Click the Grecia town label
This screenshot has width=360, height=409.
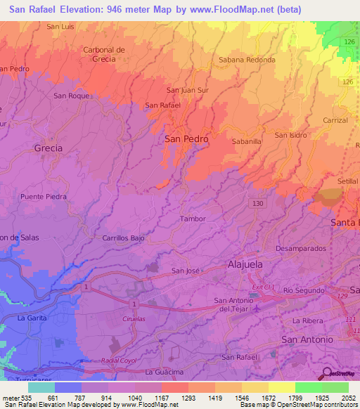(x=48, y=148)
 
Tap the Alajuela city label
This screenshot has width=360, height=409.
(x=245, y=264)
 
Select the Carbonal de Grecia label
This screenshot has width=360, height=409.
(x=103, y=54)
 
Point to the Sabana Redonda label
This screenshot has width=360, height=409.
(x=247, y=60)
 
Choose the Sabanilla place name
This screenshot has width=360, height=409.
(x=247, y=141)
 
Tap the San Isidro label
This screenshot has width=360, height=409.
(x=290, y=135)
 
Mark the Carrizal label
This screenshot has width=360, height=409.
(x=335, y=120)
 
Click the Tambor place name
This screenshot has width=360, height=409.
(x=193, y=219)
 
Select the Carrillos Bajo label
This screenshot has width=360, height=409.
(x=123, y=238)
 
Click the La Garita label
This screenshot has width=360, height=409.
(x=31, y=318)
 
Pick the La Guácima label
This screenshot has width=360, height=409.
(x=164, y=371)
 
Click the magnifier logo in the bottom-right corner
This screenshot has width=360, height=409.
(x=328, y=373)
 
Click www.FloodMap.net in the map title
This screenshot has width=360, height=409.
(x=238, y=10)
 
